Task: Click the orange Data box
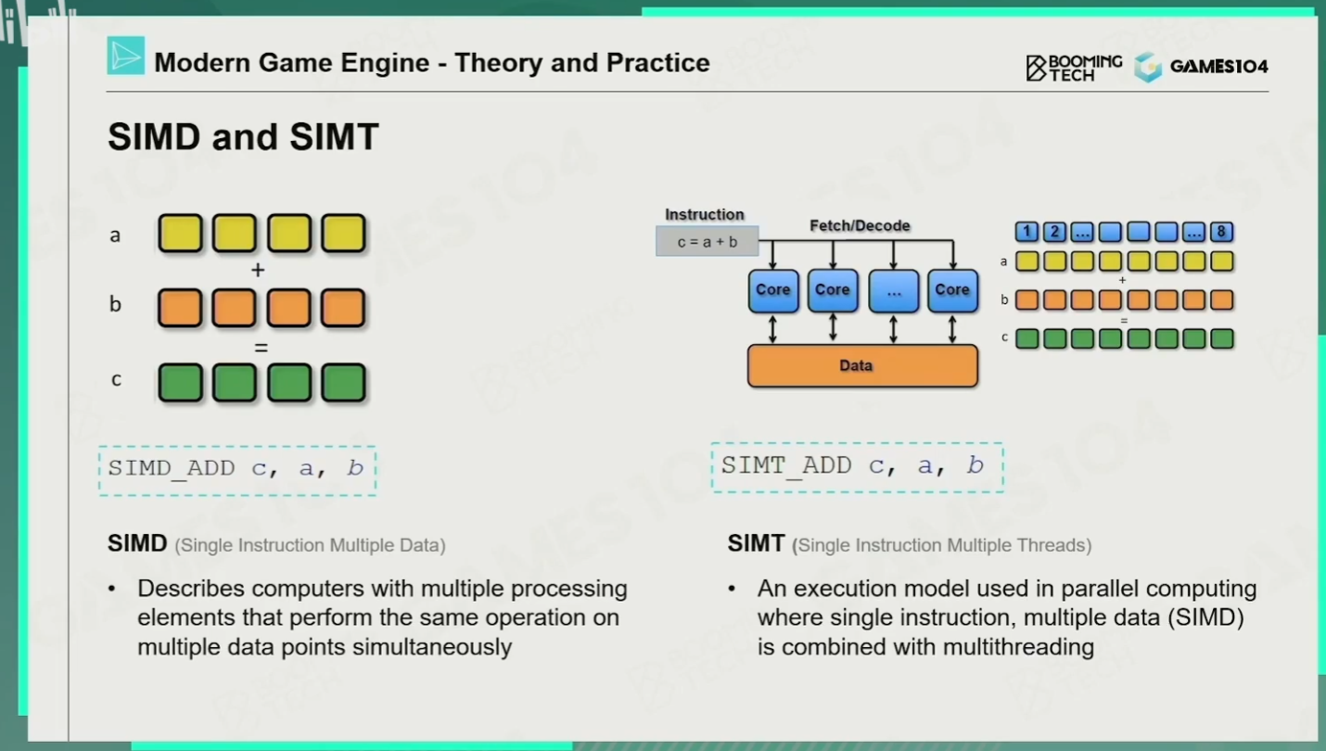tap(862, 365)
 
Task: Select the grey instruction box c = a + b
tap(707, 241)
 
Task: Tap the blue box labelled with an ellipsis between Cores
tap(893, 290)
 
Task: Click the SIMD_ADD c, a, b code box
tap(237, 469)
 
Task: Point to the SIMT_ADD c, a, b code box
tap(857, 466)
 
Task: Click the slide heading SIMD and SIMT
tap(243, 137)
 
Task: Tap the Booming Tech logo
tap(1074, 67)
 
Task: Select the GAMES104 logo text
tap(1218, 67)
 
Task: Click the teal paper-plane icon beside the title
tap(126, 57)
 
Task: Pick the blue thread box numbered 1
tap(1026, 232)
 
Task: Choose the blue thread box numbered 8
tap(1221, 232)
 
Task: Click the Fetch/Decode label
tap(860, 225)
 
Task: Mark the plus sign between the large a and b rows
tap(258, 270)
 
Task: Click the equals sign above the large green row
tap(261, 347)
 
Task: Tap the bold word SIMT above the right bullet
tap(756, 543)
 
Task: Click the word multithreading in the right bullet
tap(1018, 646)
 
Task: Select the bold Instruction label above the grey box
tap(704, 214)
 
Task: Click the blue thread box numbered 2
tap(1054, 232)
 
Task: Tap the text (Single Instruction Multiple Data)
tap(311, 545)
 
